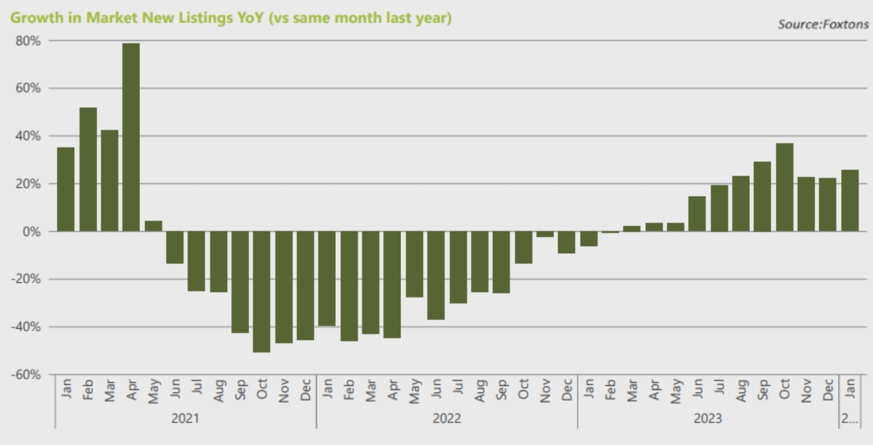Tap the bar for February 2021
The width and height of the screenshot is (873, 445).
click(88, 169)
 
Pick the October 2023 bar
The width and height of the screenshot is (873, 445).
click(784, 187)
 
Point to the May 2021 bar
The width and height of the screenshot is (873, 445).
click(153, 226)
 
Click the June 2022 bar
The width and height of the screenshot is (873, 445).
click(436, 276)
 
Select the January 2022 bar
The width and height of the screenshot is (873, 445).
click(327, 279)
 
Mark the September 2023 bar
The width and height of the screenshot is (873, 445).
click(762, 197)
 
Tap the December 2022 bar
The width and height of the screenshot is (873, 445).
click(566, 242)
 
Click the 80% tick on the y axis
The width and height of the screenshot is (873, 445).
click(28, 41)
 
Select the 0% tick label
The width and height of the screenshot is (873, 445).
click(31, 231)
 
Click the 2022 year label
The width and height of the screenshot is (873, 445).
click(447, 418)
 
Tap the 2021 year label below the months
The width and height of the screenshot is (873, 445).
click(185, 418)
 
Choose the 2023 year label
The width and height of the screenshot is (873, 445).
click(708, 418)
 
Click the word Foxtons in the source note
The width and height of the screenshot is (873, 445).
click(846, 24)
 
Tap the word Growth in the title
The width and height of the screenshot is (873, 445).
click(33, 18)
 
